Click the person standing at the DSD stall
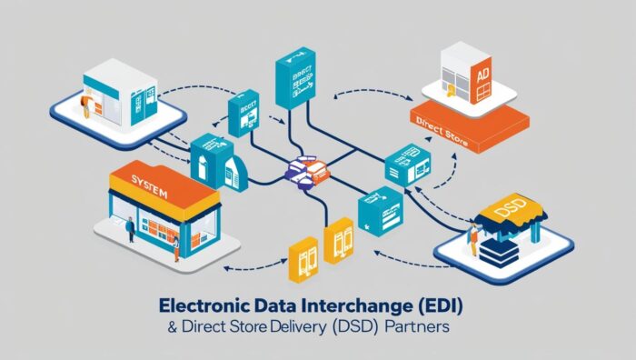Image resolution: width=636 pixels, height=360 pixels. pos(472,240)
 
